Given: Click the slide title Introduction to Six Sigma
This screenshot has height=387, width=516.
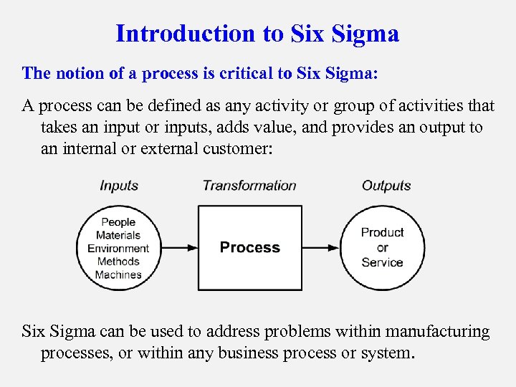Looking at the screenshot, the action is (257, 34).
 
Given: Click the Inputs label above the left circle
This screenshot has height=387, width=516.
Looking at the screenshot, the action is (119, 186).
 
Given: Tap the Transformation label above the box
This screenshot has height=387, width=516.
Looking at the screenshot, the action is (249, 186).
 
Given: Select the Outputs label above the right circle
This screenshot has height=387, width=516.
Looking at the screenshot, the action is (386, 186).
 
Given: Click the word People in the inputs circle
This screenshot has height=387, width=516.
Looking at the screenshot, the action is (118, 222).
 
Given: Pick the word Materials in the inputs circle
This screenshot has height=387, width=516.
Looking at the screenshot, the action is (118, 235).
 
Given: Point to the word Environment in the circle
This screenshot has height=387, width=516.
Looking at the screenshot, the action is (118, 249).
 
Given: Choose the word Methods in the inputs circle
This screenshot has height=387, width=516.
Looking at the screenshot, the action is (118, 262).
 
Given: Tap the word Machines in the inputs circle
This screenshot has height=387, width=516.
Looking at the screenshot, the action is (118, 274).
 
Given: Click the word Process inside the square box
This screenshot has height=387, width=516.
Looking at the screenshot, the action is (249, 248).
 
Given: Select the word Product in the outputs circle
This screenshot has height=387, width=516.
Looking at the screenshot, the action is (382, 232).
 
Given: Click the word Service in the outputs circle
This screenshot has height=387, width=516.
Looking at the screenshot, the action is (382, 262).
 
